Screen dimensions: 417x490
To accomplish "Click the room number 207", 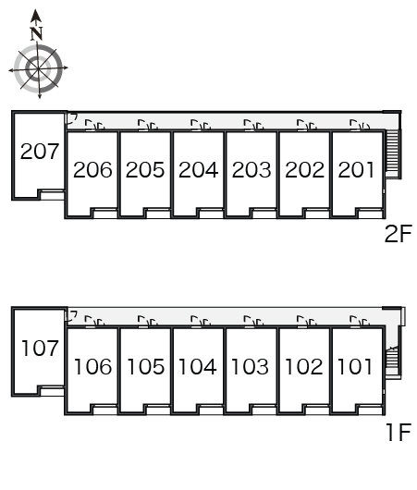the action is (x=40, y=152).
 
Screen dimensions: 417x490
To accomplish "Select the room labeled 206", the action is (x=92, y=170).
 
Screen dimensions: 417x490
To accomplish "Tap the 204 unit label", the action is (x=198, y=170).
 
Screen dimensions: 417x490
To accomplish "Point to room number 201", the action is (x=356, y=170).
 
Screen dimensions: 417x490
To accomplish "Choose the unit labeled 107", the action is (x=40, y=349).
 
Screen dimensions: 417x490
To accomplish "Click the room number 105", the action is (x=146, y=366).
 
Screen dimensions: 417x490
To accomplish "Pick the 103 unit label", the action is (x=250, y=366).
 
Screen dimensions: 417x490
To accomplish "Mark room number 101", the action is (x=355, y=366).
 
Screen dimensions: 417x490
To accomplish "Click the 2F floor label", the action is (x=399, y=234).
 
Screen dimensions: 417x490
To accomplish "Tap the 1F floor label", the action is (x=399, y=432).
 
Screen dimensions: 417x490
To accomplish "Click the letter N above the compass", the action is (x=37, y=34).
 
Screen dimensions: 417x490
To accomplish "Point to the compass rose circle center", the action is (x=38, y=68).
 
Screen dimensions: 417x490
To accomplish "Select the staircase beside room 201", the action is (x=393, y=154).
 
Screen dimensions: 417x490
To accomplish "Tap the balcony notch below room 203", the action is (x=264, y=214).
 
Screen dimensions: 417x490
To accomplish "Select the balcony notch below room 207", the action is (x=52, y=195).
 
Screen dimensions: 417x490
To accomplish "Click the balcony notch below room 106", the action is (x=105, y=410).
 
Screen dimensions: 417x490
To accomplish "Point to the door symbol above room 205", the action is (x=148, y=125).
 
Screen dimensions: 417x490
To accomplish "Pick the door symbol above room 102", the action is (x=306, y=321).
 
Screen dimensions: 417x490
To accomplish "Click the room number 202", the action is (x=305, y=170).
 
